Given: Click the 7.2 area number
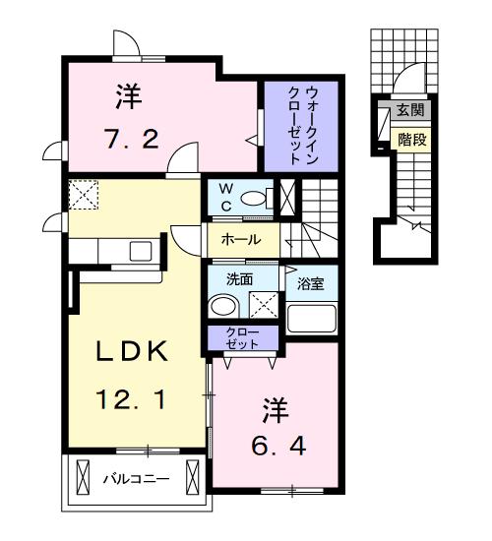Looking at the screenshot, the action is click(132, 139).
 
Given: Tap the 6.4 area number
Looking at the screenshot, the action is click(278, 447).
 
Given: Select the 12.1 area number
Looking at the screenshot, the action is click(131, 399).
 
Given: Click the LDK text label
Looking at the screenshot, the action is click(132, 351).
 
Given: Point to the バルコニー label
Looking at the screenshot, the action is click(137, 479).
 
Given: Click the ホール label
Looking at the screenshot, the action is click(241, 239).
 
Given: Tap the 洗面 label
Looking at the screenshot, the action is click(240, 279).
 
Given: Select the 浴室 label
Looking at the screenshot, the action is click(311, 283).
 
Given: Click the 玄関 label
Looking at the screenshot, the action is click(410, 110).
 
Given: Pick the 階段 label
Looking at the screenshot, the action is click(412, 140).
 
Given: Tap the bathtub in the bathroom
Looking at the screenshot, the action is click(311, 318).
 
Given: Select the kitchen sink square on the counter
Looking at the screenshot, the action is click(141, 251).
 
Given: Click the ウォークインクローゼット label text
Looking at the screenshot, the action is click(303, 125).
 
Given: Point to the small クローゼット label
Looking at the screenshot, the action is click(242, 338).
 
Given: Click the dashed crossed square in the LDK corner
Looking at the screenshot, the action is click(84, 195).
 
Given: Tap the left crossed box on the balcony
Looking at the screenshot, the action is click(83, 479).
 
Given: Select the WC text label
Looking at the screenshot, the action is click(226, 198).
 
